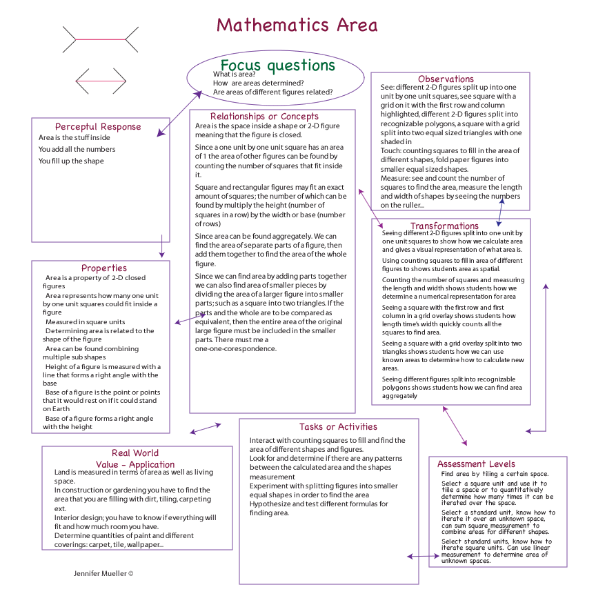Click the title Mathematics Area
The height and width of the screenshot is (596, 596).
click(x=297, y=26)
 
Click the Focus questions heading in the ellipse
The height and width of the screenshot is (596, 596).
click(x=277, y=66)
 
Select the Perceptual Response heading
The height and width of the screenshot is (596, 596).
click(x=98, y=127)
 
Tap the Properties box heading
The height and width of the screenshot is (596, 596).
click(x=104, y=268)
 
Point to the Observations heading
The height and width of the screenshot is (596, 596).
click(x=446, y=79)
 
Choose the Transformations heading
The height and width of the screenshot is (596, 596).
click(x=444, y=226)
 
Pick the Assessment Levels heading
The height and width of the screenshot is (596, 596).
click(x=476, y=464)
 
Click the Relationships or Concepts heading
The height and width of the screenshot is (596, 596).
click(x=264, y=117)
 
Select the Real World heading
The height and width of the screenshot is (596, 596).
click(x=135, y=453)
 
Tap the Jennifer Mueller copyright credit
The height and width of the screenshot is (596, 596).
click(x=103, y=573)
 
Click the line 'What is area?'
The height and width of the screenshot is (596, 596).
click(x=235, y=74)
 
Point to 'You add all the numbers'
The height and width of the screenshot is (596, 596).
click(x=77, y=149)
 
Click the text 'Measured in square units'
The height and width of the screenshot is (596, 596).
click(x=85, y=322)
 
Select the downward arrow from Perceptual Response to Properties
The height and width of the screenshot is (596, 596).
click(x=161, y=246)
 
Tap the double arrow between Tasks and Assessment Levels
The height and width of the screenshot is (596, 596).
click(x=419, y=556)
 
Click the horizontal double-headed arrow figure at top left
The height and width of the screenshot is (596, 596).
click(x=101, y=81)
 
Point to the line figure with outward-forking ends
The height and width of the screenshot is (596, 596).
click(x=101, y=40)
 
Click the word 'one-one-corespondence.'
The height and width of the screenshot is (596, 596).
click(x=235, y=349)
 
